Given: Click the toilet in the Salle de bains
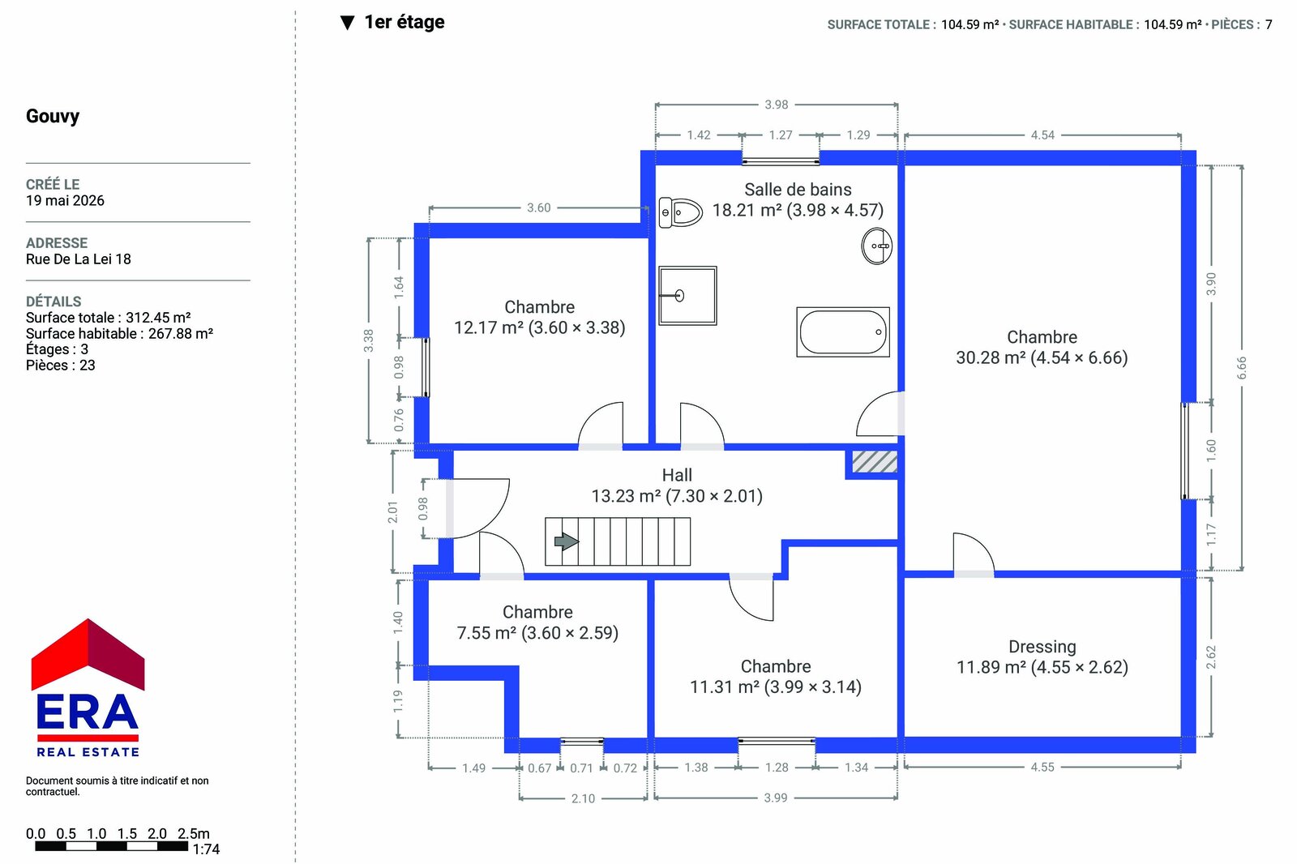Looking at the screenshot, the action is pos(680,212).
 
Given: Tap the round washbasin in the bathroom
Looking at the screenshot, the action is pos(876,246).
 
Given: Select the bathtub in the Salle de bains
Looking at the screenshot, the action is pos(843,331).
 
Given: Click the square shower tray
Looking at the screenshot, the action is pos(688,295).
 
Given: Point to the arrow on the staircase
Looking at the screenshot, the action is pos(567,541).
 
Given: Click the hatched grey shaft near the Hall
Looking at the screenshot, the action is pos(875,462).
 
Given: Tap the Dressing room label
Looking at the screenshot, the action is pos(1042,646).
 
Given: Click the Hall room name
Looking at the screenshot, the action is pos(677,475).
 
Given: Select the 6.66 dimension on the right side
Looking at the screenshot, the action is pos(1241,368).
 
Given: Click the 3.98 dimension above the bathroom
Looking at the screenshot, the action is pos(777,105).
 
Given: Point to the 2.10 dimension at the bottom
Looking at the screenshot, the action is pos(583,798).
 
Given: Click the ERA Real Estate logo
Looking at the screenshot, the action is pos(88,688).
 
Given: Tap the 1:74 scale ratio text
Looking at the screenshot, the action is pos(206,849).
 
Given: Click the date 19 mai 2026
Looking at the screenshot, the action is pos(65,200).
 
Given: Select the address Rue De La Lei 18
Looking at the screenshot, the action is pos(78,259).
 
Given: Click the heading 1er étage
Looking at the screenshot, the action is pos(405,22).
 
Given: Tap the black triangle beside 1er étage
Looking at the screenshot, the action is pos(348,23).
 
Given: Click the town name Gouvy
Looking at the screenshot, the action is pos(53,116).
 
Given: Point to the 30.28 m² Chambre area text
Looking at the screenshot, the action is pos(1042,357).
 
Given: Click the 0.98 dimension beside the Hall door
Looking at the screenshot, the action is pos(423,508).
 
